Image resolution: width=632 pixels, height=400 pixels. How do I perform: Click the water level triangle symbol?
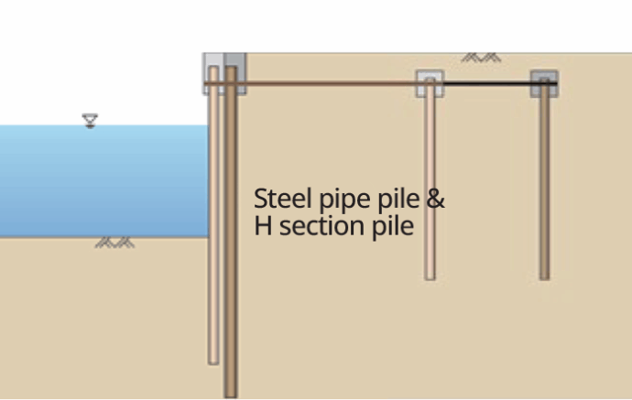point(90,120)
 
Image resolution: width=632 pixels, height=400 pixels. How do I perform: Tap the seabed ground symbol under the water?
point(114,243)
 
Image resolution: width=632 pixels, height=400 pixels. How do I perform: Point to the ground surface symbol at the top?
point(480,57)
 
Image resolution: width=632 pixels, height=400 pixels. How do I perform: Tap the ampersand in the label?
point(436,200)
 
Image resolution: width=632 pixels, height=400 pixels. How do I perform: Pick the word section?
point(316,225)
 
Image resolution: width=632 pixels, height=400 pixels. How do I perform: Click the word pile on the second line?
point(395,225)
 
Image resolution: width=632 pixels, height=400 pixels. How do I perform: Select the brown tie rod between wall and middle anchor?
point(330,84)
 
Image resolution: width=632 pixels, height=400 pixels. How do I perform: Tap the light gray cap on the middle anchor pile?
point(430,83)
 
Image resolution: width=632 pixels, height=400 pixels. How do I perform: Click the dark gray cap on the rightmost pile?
point(544,82)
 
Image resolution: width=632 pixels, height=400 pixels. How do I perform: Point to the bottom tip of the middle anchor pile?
point(430,276)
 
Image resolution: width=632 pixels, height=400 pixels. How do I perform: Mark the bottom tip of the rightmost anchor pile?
point(544,276)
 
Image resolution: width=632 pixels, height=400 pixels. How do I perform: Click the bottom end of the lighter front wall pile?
point(214,361)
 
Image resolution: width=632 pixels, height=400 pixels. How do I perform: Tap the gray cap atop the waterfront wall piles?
point(223,72)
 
